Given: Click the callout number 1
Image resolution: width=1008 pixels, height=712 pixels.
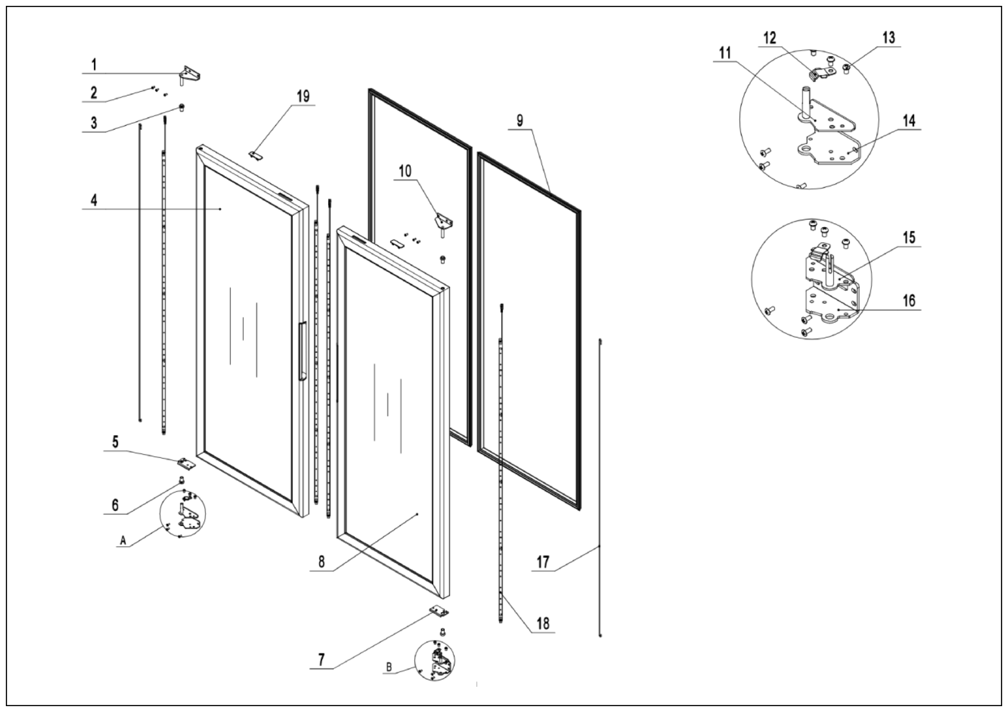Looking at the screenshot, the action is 94,65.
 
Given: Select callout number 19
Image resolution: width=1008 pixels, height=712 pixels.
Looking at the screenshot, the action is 303,96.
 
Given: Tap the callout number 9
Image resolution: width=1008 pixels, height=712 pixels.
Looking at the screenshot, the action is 520,120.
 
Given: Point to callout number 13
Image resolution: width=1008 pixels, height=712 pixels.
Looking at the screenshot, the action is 889,38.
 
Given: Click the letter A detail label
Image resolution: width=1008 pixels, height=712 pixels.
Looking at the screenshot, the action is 123,540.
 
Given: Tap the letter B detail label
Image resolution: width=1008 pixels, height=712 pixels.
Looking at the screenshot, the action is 388,667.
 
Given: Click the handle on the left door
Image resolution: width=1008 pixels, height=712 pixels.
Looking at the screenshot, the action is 302,351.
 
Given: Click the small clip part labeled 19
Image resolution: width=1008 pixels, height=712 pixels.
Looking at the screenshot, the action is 255,155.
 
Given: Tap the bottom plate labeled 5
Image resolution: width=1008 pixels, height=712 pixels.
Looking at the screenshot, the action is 186,462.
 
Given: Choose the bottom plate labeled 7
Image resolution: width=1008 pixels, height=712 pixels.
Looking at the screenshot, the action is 439,610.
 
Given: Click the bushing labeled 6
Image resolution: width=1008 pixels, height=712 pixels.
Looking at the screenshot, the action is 181,480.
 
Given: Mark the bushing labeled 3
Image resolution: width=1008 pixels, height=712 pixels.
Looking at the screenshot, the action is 181,107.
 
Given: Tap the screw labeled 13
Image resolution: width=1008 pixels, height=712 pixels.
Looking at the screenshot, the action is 846,68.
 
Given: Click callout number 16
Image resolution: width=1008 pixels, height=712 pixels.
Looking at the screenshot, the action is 909,301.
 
